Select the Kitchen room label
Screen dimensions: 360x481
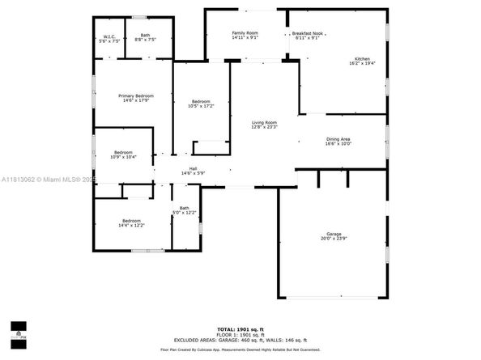click(x=361, y=59)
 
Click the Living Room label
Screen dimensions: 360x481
click(x=264, y=122)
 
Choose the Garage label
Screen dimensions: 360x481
click(x=332, y=234)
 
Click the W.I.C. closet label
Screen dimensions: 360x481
click(x=109, y=35)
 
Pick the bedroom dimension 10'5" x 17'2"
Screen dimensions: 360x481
click(x=199, y=106)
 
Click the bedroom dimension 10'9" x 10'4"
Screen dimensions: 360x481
click(x=123, y=157)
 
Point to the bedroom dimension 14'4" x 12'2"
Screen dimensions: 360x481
click(x=133, y=225)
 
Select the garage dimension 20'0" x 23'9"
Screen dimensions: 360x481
click(x=332, y=239)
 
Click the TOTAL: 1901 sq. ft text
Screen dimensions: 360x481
click(x=240, y=329)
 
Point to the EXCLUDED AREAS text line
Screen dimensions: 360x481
click(x=240, y=341)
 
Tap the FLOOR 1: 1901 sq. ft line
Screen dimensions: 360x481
click(x=240, y=335)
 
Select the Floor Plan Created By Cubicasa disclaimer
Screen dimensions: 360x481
click(x=240, y=349)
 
